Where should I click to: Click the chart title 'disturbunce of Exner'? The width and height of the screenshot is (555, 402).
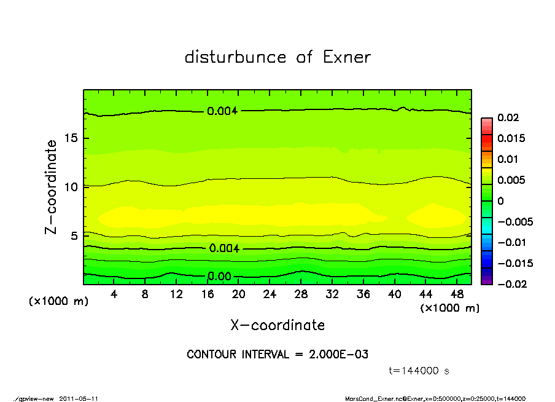(x=277, y=57)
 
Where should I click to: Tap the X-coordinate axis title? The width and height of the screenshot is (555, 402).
(x=277, y=325)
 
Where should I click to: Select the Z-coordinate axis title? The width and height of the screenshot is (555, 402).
(x=52, y=186)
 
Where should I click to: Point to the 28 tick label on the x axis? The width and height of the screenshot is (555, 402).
(x=301, y=294)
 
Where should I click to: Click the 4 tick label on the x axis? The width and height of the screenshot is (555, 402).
(x=114, y=294)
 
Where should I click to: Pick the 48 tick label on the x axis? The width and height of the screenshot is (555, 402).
(x=457, y=294)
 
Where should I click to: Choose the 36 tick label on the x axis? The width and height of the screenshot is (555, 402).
(x=363, y=294)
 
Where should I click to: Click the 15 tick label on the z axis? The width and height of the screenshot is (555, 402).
(x=72, y=138)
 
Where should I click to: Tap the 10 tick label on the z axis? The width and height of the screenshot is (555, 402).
(x=72, y=186)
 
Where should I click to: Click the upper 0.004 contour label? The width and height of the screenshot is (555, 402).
(x=222, y=111)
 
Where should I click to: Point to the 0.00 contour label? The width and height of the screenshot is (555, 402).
(x=219, y=277)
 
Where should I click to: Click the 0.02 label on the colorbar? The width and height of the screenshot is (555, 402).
(x=508, y=117)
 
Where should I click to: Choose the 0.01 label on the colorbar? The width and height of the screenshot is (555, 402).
(x=508, y=159)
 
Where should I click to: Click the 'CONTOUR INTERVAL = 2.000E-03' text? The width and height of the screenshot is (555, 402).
(x=277, y=355)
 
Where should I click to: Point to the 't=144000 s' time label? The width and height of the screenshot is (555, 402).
(x=419, y=371)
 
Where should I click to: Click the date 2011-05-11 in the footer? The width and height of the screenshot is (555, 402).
(x=79, y=398)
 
